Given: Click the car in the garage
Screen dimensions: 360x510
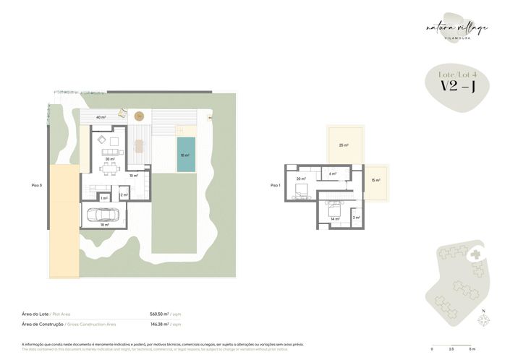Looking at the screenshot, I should point(102,215).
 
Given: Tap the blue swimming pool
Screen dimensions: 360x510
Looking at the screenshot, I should point(184,154).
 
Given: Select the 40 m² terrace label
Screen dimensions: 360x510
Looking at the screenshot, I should point(101,117).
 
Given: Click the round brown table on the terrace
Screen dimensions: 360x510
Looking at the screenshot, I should point(140,116).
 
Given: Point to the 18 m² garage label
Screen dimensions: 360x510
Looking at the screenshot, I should point(105,225).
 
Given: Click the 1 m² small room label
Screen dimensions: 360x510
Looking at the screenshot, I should point(104,197).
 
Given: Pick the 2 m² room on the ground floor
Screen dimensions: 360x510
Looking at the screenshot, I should point(123,194).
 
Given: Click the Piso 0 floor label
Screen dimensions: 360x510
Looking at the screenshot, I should point(37,186).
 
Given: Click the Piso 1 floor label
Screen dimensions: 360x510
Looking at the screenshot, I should point(275,186).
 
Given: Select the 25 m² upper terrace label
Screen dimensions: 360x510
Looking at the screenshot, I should point(344,145).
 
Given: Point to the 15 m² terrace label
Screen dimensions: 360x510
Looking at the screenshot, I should point(375,180).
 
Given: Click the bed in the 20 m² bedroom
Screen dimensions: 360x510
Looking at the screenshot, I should point(300,190).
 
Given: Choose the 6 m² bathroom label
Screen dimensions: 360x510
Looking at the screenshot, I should point(333,174).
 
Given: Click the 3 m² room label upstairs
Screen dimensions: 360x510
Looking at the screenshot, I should point(355,217).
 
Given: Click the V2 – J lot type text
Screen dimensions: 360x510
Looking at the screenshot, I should point(457,87).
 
